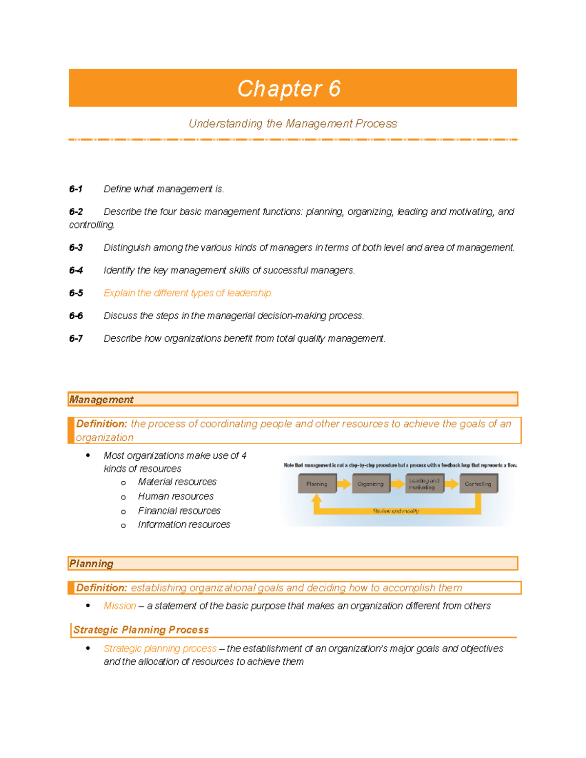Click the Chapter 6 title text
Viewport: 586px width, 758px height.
[x=289, y=89]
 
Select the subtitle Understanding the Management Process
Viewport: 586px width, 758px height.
[x=293, y=124]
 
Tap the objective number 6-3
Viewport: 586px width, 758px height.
[x=76, y=248]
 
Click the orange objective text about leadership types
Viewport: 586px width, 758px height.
[x=188, y=293]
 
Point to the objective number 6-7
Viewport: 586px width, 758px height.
[x=76, y=339]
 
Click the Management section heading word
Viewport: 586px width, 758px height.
[x=101, y=400]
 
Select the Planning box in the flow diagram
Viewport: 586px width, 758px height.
[x=317, y=484]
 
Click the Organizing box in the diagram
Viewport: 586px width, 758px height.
[x=371, y=484]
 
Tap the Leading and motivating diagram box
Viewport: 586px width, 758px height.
[x=424, y=484]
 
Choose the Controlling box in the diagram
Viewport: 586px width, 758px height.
[x=478, y=484]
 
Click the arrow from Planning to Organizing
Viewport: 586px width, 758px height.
[x=344, y=484]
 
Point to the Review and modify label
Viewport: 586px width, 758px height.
[x=396, y=511]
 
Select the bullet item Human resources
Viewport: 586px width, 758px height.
[x=176, y=496]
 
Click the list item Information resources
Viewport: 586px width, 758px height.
[x=184, y=525]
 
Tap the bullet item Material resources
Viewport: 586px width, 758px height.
[x=177, y=482]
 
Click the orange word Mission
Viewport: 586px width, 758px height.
[x=120, y=606]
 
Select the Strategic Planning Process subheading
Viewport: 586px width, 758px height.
[x=141, y=630]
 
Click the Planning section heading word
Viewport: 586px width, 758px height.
[x=91, y=564]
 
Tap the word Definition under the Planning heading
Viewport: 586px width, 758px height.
[x=102, y=588]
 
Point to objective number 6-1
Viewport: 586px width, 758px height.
[x=76, y=189]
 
